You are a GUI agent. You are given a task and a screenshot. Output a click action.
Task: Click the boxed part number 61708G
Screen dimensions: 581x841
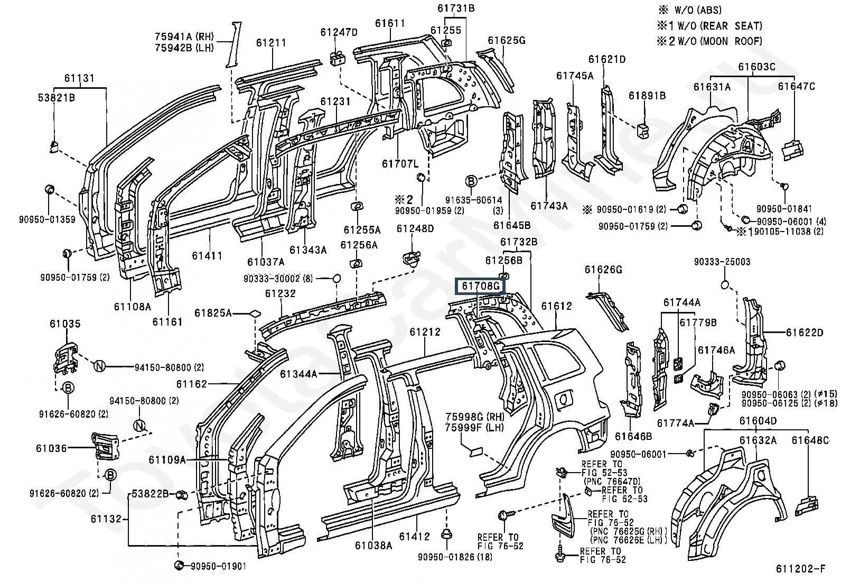tap(481, 286)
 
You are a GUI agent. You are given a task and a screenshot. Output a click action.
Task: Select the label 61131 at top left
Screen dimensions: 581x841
tap(80, 79)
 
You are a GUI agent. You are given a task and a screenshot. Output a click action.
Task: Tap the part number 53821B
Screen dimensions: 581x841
tap(56, 97)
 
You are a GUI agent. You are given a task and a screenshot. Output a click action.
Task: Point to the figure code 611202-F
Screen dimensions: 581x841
tap(800, 569)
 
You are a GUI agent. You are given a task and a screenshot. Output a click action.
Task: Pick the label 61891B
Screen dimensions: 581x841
tap(647, 96)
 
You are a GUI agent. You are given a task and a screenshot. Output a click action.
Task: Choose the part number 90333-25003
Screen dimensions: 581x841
tap(722, 262)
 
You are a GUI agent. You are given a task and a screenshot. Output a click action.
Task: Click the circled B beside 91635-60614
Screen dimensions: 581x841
tap(471, 182)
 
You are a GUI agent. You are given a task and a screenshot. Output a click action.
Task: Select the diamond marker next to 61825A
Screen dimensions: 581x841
tap(255, 313)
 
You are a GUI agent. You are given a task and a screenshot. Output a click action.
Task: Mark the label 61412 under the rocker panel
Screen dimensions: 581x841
tap(415, 537)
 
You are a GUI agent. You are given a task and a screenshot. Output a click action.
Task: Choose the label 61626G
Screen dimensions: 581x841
tap(603, 270)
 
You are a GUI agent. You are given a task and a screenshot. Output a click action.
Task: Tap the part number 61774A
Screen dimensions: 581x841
tap(675, 423)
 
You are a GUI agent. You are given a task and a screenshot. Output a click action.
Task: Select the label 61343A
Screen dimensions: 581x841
tap(308, 250)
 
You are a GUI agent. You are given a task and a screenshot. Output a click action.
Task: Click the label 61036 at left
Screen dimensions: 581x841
tap(51, 448)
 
